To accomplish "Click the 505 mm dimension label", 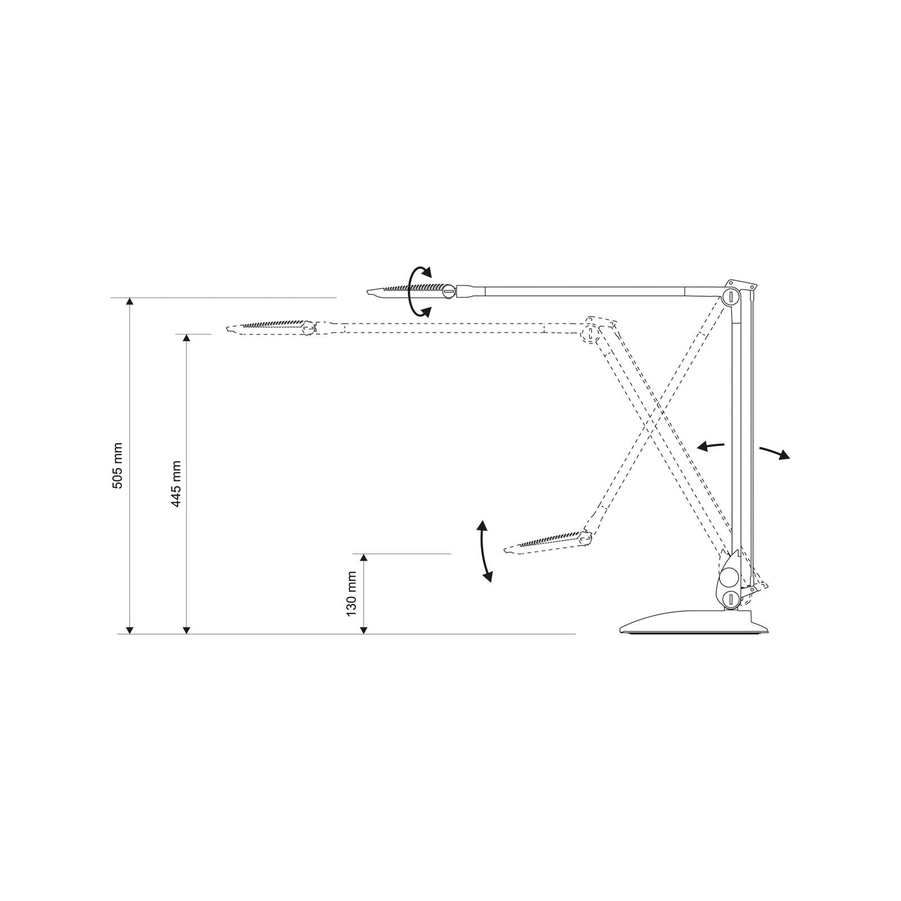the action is pos(118,466).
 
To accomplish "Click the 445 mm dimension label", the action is pos(176,484).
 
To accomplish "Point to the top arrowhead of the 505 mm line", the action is pos(130,302).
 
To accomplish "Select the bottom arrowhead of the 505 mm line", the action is pos(130,628).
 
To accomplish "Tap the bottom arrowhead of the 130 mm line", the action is pos(364,628).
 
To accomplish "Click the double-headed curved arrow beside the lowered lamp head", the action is pos(482,551).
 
